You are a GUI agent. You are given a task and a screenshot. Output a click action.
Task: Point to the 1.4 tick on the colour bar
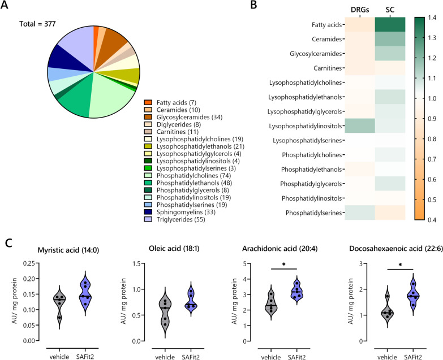point(432,19)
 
